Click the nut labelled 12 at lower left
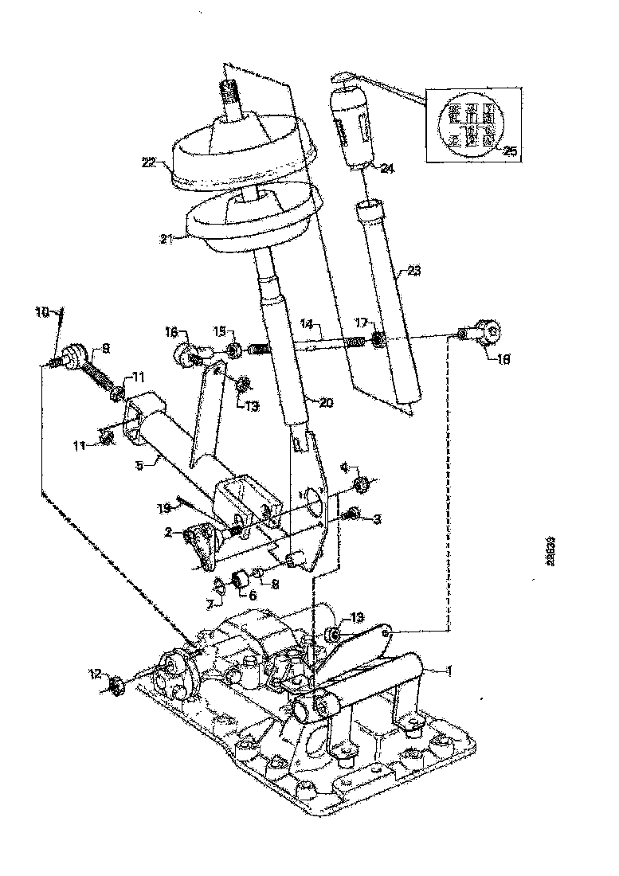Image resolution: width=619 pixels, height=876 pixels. tap(116, 684)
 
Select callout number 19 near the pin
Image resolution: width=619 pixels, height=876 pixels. tap(164, 507)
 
